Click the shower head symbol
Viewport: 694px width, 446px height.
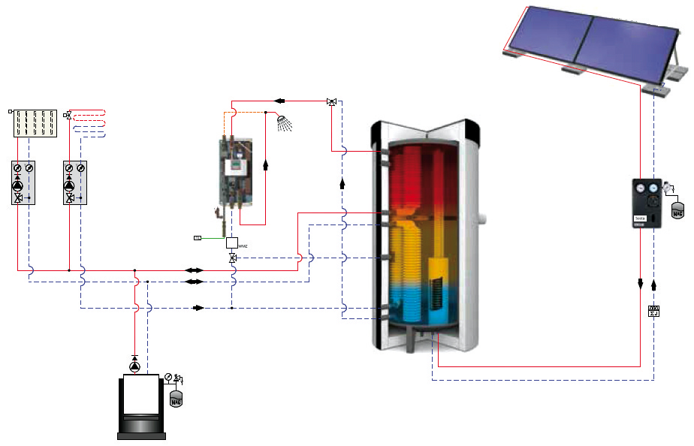pos(283,122)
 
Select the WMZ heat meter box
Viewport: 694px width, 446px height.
pos(232,243)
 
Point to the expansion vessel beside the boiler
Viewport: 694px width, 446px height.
pos(177,398)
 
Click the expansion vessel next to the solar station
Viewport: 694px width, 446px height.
pos(678,209)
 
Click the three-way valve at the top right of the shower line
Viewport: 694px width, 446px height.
pos(331,101)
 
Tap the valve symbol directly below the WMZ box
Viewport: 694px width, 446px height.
pos(232,258)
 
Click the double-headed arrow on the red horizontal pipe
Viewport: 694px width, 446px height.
pos(194,270)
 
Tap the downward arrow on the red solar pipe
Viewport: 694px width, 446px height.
pos(641,284)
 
